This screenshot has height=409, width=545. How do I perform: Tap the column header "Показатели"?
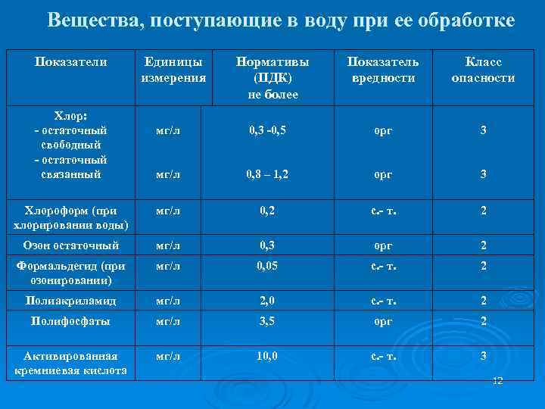point(70,62)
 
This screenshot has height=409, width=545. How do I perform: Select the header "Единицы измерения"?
point(173,70)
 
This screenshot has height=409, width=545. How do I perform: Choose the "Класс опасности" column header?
point(483,70)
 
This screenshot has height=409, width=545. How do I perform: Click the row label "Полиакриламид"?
point(70,301)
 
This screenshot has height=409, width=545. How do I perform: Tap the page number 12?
point(497,380)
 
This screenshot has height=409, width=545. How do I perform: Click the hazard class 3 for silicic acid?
point(483,356)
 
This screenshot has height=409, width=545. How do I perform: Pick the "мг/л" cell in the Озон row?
point(167,245)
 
